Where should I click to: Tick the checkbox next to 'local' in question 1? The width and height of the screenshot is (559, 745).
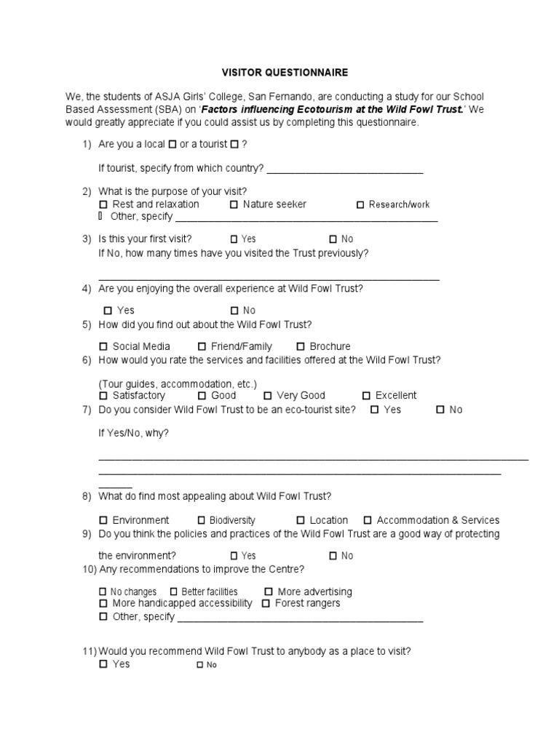tap(172, 144)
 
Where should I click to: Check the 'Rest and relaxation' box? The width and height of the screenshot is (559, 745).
tap(103, 204)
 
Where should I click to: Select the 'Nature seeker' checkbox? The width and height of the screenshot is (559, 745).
tap(234, 204)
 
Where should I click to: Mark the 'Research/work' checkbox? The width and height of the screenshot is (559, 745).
tap(360, 204)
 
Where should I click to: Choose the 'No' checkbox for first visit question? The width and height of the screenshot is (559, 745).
tap(333, 239)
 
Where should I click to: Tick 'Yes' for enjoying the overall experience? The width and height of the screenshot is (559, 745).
tap(108, 311)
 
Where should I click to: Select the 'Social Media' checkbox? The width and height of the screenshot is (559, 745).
tap(103, 346)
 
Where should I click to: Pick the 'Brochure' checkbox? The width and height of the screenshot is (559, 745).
tap(301, 346)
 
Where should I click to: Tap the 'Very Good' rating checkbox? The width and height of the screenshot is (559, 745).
tap(268, 396)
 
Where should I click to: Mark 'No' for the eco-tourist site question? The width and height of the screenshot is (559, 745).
tap(440, 410)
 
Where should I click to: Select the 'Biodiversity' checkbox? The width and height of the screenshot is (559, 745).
tap(202, 520)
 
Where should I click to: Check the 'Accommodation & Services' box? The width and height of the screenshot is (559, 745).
tap(368, 520)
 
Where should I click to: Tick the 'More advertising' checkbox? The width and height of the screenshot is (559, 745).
tap(269, 591)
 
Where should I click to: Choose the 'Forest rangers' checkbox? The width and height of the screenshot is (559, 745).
tap(266, 603)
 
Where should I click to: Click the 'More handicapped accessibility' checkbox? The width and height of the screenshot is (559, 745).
tap(103, 603)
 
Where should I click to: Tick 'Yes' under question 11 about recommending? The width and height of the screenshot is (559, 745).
tap(103, 664)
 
